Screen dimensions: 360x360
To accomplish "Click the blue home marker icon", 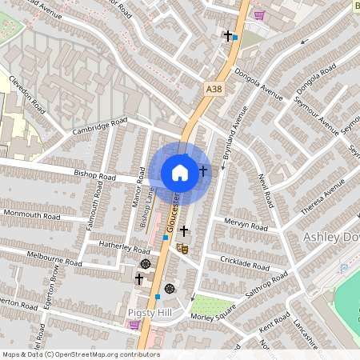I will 180,173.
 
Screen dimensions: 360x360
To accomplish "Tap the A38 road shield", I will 213,90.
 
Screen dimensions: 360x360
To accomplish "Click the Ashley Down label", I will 331,238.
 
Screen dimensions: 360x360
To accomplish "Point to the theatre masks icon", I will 183,250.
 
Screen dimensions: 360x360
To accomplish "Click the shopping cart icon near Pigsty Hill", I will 134,325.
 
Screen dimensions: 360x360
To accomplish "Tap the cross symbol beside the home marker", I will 202,170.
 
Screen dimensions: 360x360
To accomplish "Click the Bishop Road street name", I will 95,176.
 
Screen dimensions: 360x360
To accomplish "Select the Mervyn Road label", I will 245,225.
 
